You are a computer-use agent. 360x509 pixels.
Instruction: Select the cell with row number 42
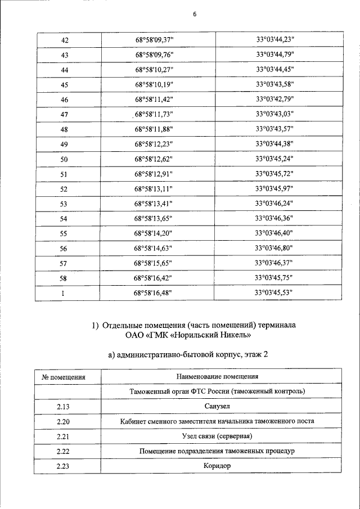[64, 39]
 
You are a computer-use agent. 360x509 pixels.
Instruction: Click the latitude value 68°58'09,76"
[154, 55]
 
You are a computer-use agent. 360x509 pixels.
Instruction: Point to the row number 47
[64, 115]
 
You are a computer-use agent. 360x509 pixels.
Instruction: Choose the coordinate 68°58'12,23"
[154, 144]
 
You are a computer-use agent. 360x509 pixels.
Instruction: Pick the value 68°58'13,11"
[154, 188]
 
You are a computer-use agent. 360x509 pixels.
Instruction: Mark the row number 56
[64, 249]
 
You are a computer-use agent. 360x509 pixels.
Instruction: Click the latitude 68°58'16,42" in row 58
[154, 278]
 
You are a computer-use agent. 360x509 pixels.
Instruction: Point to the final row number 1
[64, 293]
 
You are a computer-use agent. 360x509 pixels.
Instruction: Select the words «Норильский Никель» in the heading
[215, 336]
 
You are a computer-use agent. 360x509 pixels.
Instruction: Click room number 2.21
[64, 436]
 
